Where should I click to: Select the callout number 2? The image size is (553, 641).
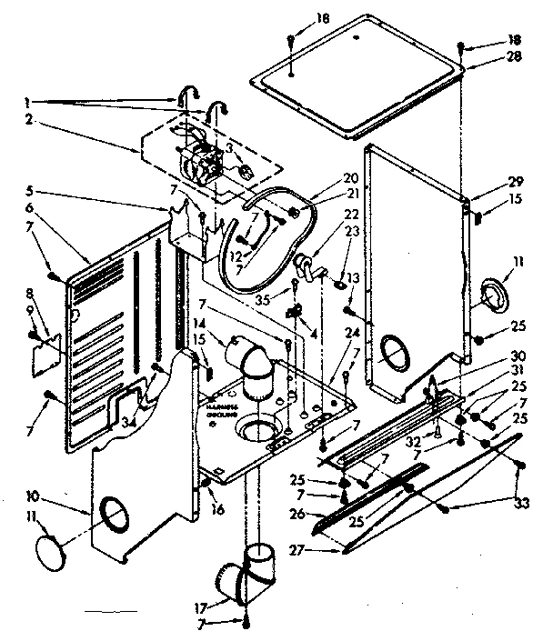tap(30, 119)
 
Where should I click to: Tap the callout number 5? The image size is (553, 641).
tap(30, 192)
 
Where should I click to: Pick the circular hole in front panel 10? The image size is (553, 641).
tap(114, 515)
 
